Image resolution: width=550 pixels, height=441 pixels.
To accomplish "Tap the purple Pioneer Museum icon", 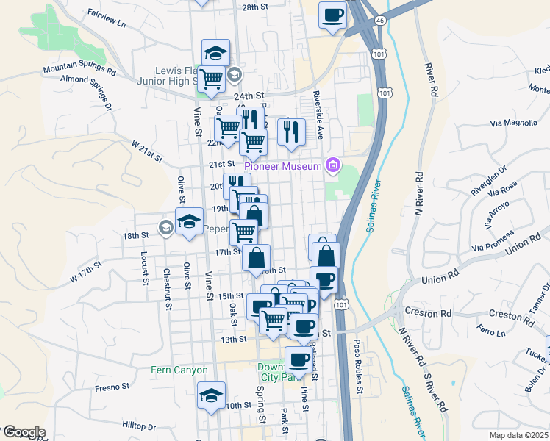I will point(333,165).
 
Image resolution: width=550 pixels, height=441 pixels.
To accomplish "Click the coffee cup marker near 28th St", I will point(333,15).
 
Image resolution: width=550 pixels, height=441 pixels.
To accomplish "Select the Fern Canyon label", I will point(180,370).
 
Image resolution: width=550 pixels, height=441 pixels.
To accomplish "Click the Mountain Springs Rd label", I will point(79,71).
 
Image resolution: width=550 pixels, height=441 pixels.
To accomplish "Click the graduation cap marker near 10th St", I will point(212,394).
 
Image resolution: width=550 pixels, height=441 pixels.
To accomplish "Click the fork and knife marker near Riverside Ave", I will point(292,132).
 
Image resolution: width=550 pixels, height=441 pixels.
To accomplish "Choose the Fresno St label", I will point(112,386).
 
